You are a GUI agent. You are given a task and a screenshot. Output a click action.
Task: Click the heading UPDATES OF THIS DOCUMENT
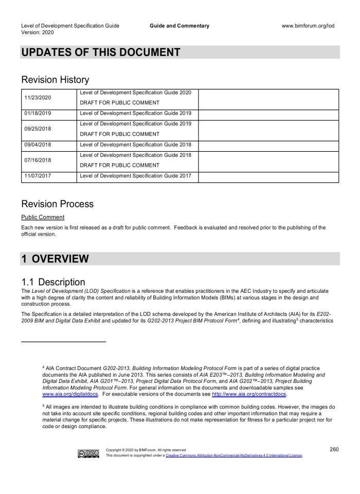(x=101, y=52)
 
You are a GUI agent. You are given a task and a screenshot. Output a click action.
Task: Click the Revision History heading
(x=55, y=80)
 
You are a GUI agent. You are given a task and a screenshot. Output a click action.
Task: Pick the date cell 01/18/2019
(x=37, y=115)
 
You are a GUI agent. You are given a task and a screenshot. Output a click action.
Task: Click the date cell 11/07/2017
(x=37, y=177)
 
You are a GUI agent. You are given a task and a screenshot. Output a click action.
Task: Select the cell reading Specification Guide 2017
(x=136, y=177)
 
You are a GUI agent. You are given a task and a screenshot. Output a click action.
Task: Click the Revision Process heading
(x=58, y=204)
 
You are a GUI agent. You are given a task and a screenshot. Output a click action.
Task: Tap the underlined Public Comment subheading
(x=43, y=217)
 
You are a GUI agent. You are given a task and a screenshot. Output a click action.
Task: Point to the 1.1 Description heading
(x=53, y=282)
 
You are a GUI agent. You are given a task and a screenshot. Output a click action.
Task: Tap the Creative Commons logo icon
(x=88, y=453)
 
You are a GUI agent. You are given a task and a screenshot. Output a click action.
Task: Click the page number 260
(x=334, y=449)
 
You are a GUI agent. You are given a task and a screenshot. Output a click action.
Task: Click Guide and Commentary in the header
(x=179, y=26)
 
